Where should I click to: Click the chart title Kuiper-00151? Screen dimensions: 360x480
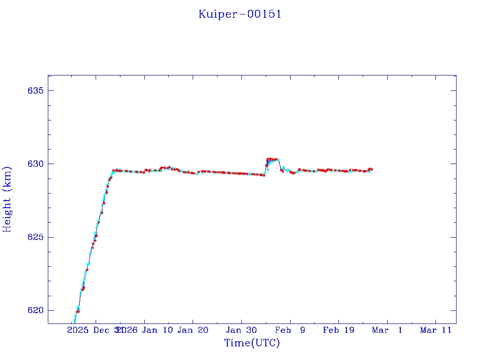240,15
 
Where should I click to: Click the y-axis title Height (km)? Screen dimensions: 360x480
7,199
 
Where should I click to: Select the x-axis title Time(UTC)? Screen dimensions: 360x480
252,343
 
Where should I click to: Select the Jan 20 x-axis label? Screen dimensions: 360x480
193,330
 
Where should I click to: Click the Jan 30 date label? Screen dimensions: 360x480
241,330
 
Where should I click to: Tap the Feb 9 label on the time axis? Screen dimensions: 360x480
290,330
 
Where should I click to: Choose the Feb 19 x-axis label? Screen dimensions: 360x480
338,330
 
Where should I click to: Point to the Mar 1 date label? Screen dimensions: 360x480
387,330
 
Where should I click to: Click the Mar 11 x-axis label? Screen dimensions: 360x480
435,330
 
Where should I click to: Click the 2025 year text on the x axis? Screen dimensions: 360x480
77,330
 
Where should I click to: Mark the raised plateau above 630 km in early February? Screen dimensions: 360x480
272,159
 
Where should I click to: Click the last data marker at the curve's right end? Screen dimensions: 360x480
371,169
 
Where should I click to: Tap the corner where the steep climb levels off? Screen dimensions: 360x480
113,171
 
